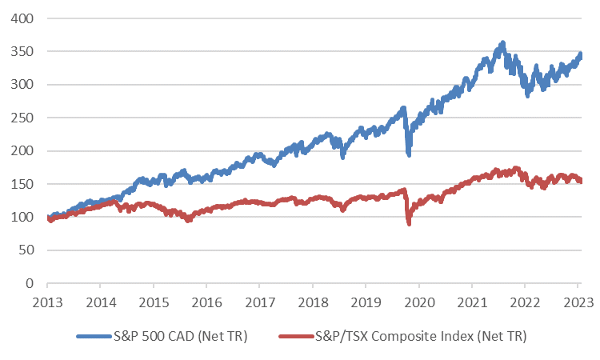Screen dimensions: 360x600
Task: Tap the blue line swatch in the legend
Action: coord(94,336)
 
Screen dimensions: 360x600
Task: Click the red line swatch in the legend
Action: coord(298,336)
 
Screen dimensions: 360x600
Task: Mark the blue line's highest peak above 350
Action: coord(502,42)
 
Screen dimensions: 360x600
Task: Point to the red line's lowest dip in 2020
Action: coord(410,223)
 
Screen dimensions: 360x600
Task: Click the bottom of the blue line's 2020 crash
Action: coord(409,154)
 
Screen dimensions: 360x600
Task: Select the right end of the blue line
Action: coord(580,55)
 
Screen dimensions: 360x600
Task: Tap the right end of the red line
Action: coord(580,181)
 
